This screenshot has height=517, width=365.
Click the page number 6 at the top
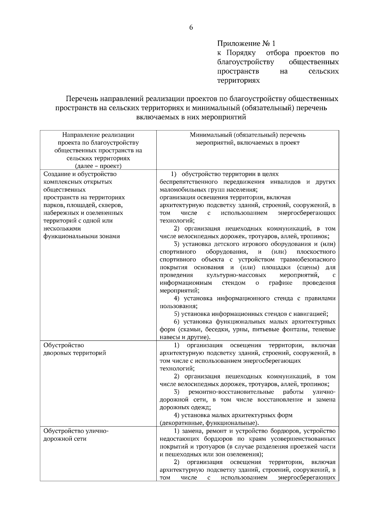point(191,27)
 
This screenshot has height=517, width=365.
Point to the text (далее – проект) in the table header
point(98,166)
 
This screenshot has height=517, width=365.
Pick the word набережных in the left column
point(60,213)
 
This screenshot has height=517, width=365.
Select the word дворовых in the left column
point(56,353)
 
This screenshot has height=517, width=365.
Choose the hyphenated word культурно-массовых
point(236,275)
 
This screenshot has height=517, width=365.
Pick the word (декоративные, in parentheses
point(182,423)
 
